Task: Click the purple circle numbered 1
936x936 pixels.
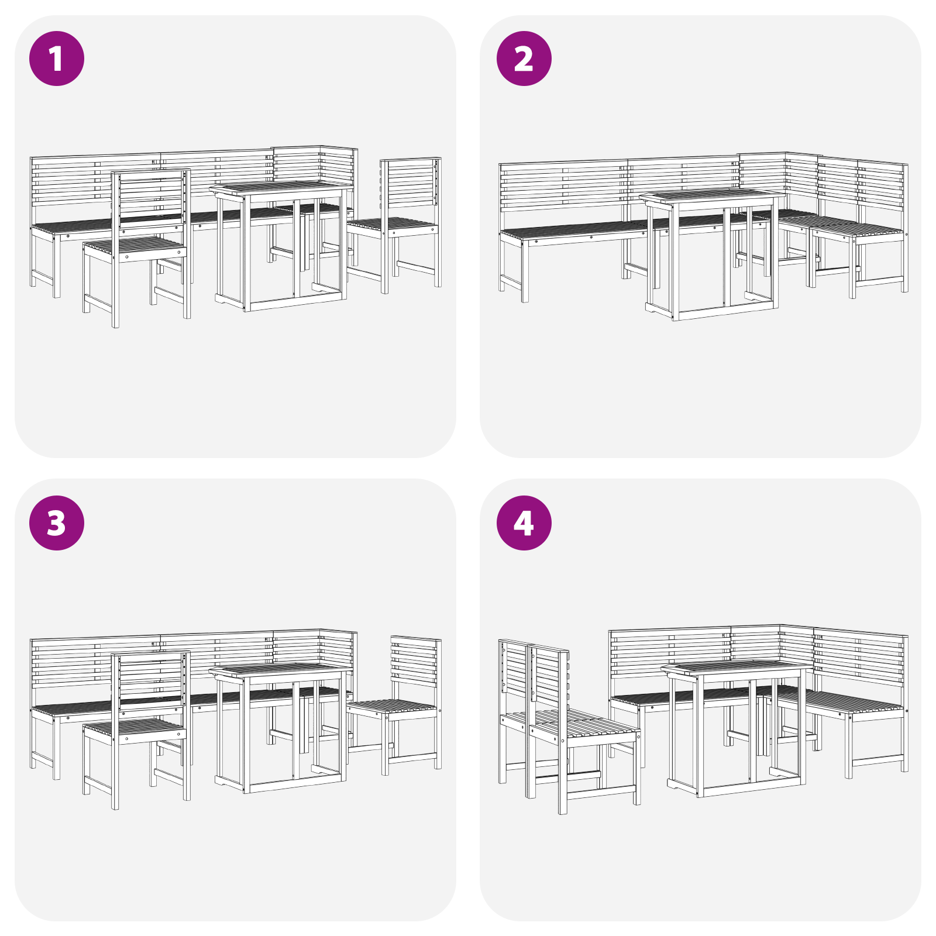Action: point(57,58)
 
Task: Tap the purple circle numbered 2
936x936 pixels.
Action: point(524,58)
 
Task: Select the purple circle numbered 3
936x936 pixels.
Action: point(57,522)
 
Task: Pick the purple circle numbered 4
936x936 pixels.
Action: point(524,522)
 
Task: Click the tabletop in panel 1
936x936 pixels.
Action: point(281,188)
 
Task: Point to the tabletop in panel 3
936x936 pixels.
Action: point(281,669)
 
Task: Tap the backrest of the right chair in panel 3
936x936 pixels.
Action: point(415,661)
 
